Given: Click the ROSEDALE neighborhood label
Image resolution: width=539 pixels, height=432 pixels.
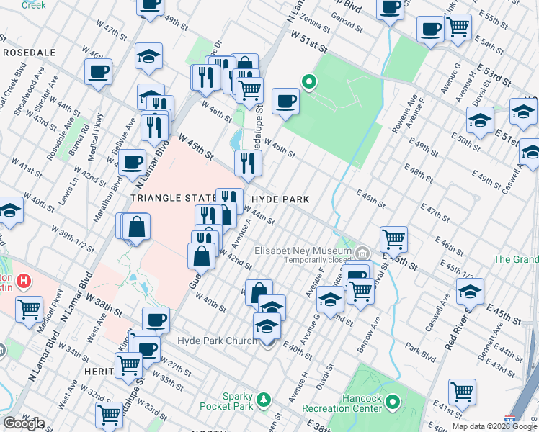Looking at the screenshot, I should click(30, 53).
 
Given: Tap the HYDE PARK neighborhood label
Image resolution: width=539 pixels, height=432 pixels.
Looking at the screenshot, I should click(280, 199).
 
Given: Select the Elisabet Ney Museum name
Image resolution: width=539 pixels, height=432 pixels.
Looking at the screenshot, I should click(303, 251).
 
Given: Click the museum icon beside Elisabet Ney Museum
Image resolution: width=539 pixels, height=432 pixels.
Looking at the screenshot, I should click(362, 253).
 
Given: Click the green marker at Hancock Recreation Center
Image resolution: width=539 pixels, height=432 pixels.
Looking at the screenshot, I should click(393, 401).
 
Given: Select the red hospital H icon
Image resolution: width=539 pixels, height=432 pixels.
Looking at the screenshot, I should click(24, 280).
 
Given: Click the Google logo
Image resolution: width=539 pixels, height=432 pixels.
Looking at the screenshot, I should click(24, 423).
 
